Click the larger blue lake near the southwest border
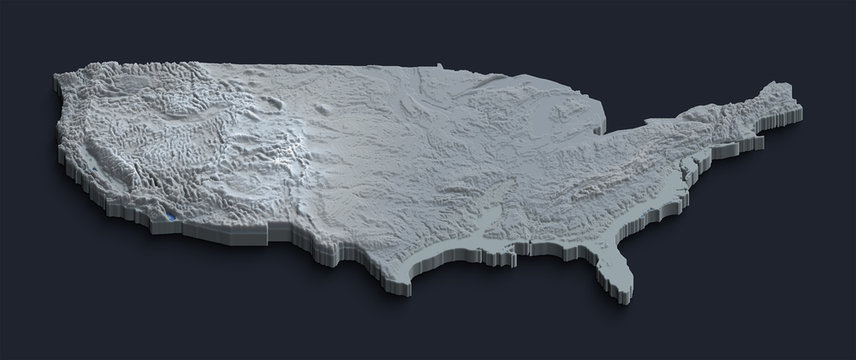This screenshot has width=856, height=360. (x=172, y=214)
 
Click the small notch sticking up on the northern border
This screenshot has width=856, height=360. (x=439, y=68)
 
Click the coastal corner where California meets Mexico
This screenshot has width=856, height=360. (x=165, y=220)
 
